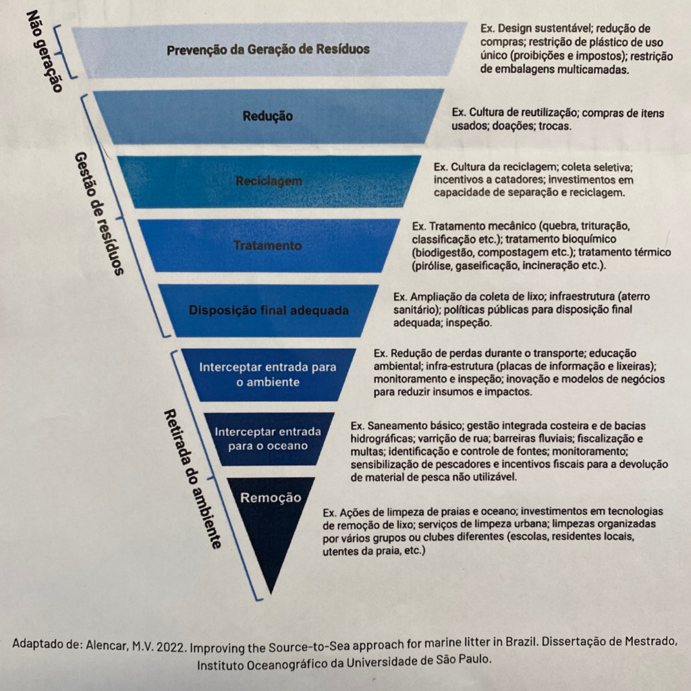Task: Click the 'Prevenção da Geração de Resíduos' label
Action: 268,49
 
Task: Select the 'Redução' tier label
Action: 267,116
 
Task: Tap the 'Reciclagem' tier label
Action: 269,181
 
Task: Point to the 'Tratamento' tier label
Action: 267,245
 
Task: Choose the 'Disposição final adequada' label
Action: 269,310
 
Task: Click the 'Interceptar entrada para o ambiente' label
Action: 267,374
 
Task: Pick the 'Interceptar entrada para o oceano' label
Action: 267,439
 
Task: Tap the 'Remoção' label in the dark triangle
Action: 271,497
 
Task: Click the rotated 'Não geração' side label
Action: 44,51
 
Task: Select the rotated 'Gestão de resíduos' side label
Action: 99,214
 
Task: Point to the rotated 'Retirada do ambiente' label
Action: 192,478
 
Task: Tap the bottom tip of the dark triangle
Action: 271,594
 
